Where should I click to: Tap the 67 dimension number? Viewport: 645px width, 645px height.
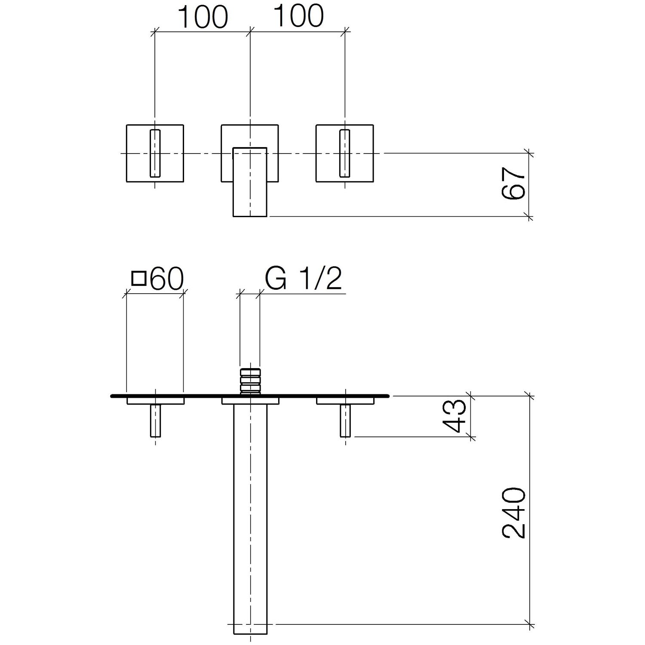coord(514,184)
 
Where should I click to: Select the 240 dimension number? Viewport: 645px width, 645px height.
coord(514,513)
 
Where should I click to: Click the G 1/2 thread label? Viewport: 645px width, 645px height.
coord(304,279)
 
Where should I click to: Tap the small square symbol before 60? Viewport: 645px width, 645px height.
coord(139,278)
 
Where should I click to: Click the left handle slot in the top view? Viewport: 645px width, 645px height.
coord(155,153)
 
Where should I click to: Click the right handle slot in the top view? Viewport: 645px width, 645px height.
coord(344,153)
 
